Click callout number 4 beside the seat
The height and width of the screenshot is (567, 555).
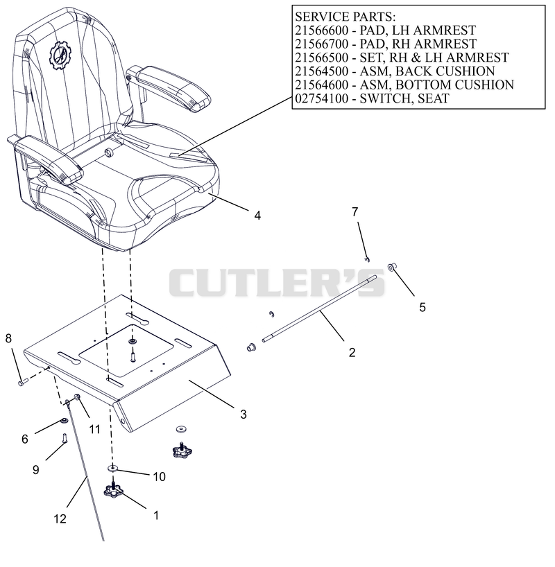click(257, 216)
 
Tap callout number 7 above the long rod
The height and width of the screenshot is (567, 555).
click(355, 211)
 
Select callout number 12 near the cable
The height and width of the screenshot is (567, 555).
click(60, 519)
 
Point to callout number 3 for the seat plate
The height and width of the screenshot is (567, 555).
click(244, 414)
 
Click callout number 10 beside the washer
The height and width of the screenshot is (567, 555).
click(160, 477)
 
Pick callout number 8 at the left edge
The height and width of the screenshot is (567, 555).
click(8, 338)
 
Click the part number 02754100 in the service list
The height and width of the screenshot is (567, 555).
click(321, 98)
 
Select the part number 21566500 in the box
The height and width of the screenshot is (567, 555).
click(321, 58)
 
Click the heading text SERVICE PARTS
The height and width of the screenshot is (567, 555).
click(345, 17)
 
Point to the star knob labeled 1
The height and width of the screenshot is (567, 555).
click(113, 490)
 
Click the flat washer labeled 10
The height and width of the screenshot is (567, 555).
click(112, 469)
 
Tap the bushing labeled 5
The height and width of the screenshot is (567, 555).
click(391, 267)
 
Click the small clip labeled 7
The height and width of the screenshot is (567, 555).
click(367, 259)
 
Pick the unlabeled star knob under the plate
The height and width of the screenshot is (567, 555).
click(182, 450)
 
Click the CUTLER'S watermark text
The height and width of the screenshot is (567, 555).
click(277, 283)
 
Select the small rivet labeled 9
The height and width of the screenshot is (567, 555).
click(64, 438)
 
